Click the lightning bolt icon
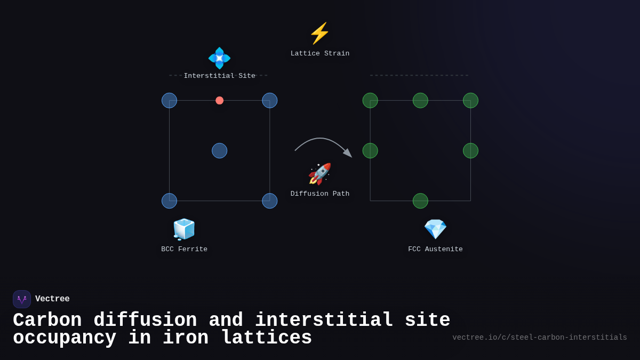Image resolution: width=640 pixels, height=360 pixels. (319, 34)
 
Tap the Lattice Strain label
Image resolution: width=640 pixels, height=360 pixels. (320, 54)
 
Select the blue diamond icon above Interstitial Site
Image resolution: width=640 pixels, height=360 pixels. (219, 58)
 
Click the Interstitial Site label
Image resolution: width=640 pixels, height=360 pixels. (219, 76)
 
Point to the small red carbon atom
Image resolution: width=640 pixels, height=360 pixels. (219, 100)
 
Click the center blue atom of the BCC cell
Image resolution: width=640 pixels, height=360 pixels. (219, 150)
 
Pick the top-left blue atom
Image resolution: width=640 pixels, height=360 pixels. (169, 100)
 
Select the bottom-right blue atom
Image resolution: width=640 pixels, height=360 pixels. (269, 201)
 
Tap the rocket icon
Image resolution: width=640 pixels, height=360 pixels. (319, 174)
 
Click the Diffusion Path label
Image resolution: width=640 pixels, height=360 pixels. (320, 194)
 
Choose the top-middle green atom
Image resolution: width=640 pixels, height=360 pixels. (420, 100)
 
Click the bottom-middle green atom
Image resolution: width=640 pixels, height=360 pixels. (420, 201)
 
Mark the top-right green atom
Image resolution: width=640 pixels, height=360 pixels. (470, 100)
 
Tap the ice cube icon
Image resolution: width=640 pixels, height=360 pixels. (184, 229)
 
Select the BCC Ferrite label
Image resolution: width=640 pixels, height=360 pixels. (184, 250)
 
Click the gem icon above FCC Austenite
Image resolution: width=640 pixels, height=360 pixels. (435, 229)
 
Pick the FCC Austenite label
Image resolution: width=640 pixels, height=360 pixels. (435, 250)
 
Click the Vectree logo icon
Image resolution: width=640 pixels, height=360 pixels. (22, 299)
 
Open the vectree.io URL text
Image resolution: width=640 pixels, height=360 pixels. (539, 338)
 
